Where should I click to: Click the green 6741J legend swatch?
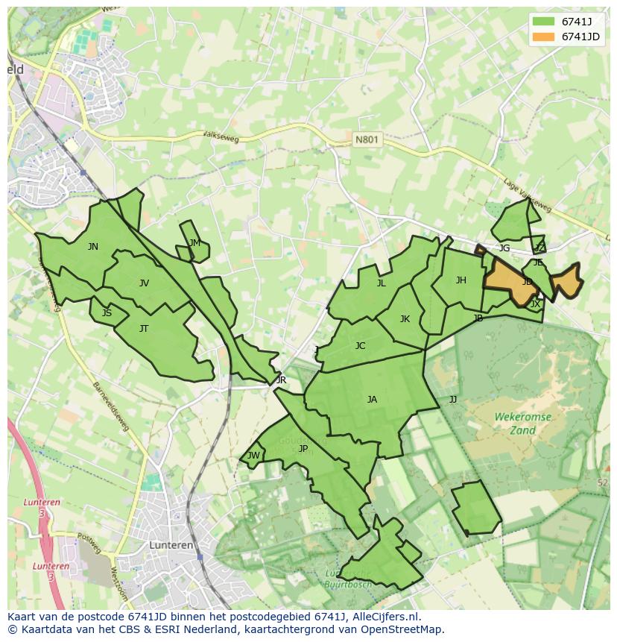pos(542,21)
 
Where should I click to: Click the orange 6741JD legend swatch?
pos(542,37)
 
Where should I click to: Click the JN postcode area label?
pos(92,247)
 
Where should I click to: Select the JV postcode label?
pos(144,283)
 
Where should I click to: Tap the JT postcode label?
pos(144,329)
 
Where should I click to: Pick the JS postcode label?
pos(107,313)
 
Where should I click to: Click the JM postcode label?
pos(194,243)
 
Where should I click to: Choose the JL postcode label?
pos(381,283)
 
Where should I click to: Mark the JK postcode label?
pos(405,319)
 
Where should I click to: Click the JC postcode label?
pos(360,346)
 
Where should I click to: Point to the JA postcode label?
pos(372,400)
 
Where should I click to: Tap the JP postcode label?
pos(303,449)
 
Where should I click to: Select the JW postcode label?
pos(254,456)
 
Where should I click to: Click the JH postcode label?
pos(461,280)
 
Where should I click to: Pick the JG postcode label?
pos(504,248)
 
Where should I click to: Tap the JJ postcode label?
pos(452,400)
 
